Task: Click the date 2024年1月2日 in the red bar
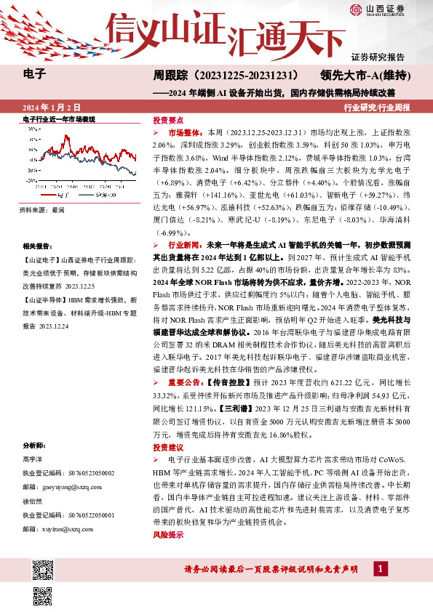tap(51, 108)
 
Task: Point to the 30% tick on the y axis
tap(32, 129)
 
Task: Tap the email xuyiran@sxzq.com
tap(65, 530)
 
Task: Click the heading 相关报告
tap(36, 246)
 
